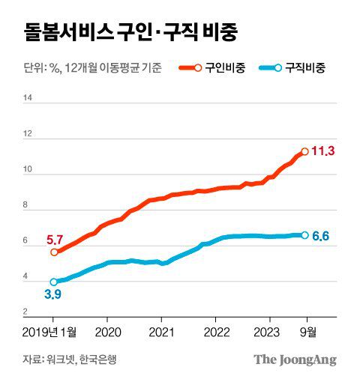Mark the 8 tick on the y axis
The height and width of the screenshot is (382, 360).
click(x=27, y=205)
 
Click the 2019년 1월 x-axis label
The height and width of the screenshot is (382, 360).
click(x=49, y=331)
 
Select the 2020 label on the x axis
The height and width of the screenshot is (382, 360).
click(x=108, y=331)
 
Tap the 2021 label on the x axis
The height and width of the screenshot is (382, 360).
click(x=162, y=331)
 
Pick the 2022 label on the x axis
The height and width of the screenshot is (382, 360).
click(x=217, y=331)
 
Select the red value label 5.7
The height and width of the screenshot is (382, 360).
click(x=54, y=240)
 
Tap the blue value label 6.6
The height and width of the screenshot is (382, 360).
click(x=321, y=237)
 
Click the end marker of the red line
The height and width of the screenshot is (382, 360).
click(x=304, y=151)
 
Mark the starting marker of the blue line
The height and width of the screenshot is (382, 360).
click(x=53, y=282)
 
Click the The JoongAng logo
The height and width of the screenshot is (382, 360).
click(x=294, y=360)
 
